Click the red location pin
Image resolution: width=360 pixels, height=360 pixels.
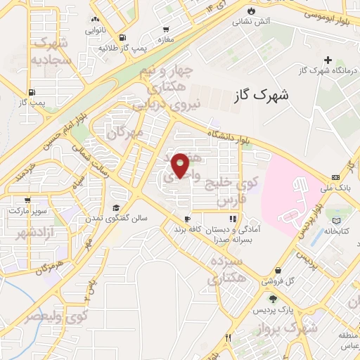(x=181, y=165)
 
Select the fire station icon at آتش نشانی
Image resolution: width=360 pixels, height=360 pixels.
(x=252, y=10)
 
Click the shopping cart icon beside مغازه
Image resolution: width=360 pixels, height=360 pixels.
(x=166, y=30)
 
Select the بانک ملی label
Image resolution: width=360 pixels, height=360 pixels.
(x=333, y=190)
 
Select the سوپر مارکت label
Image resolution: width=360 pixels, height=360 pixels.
(x=26, y=210)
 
